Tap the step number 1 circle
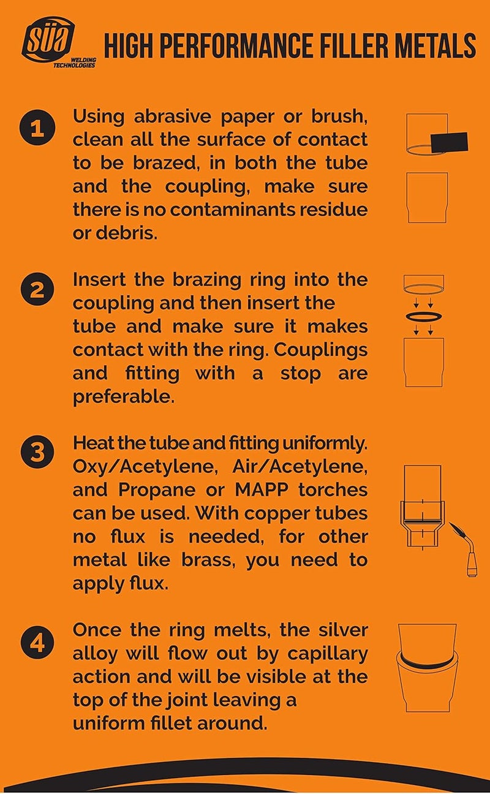click(37, 129)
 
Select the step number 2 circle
click(37, 289)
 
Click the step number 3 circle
click(37, 452)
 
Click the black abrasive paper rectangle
click(450, 143)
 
